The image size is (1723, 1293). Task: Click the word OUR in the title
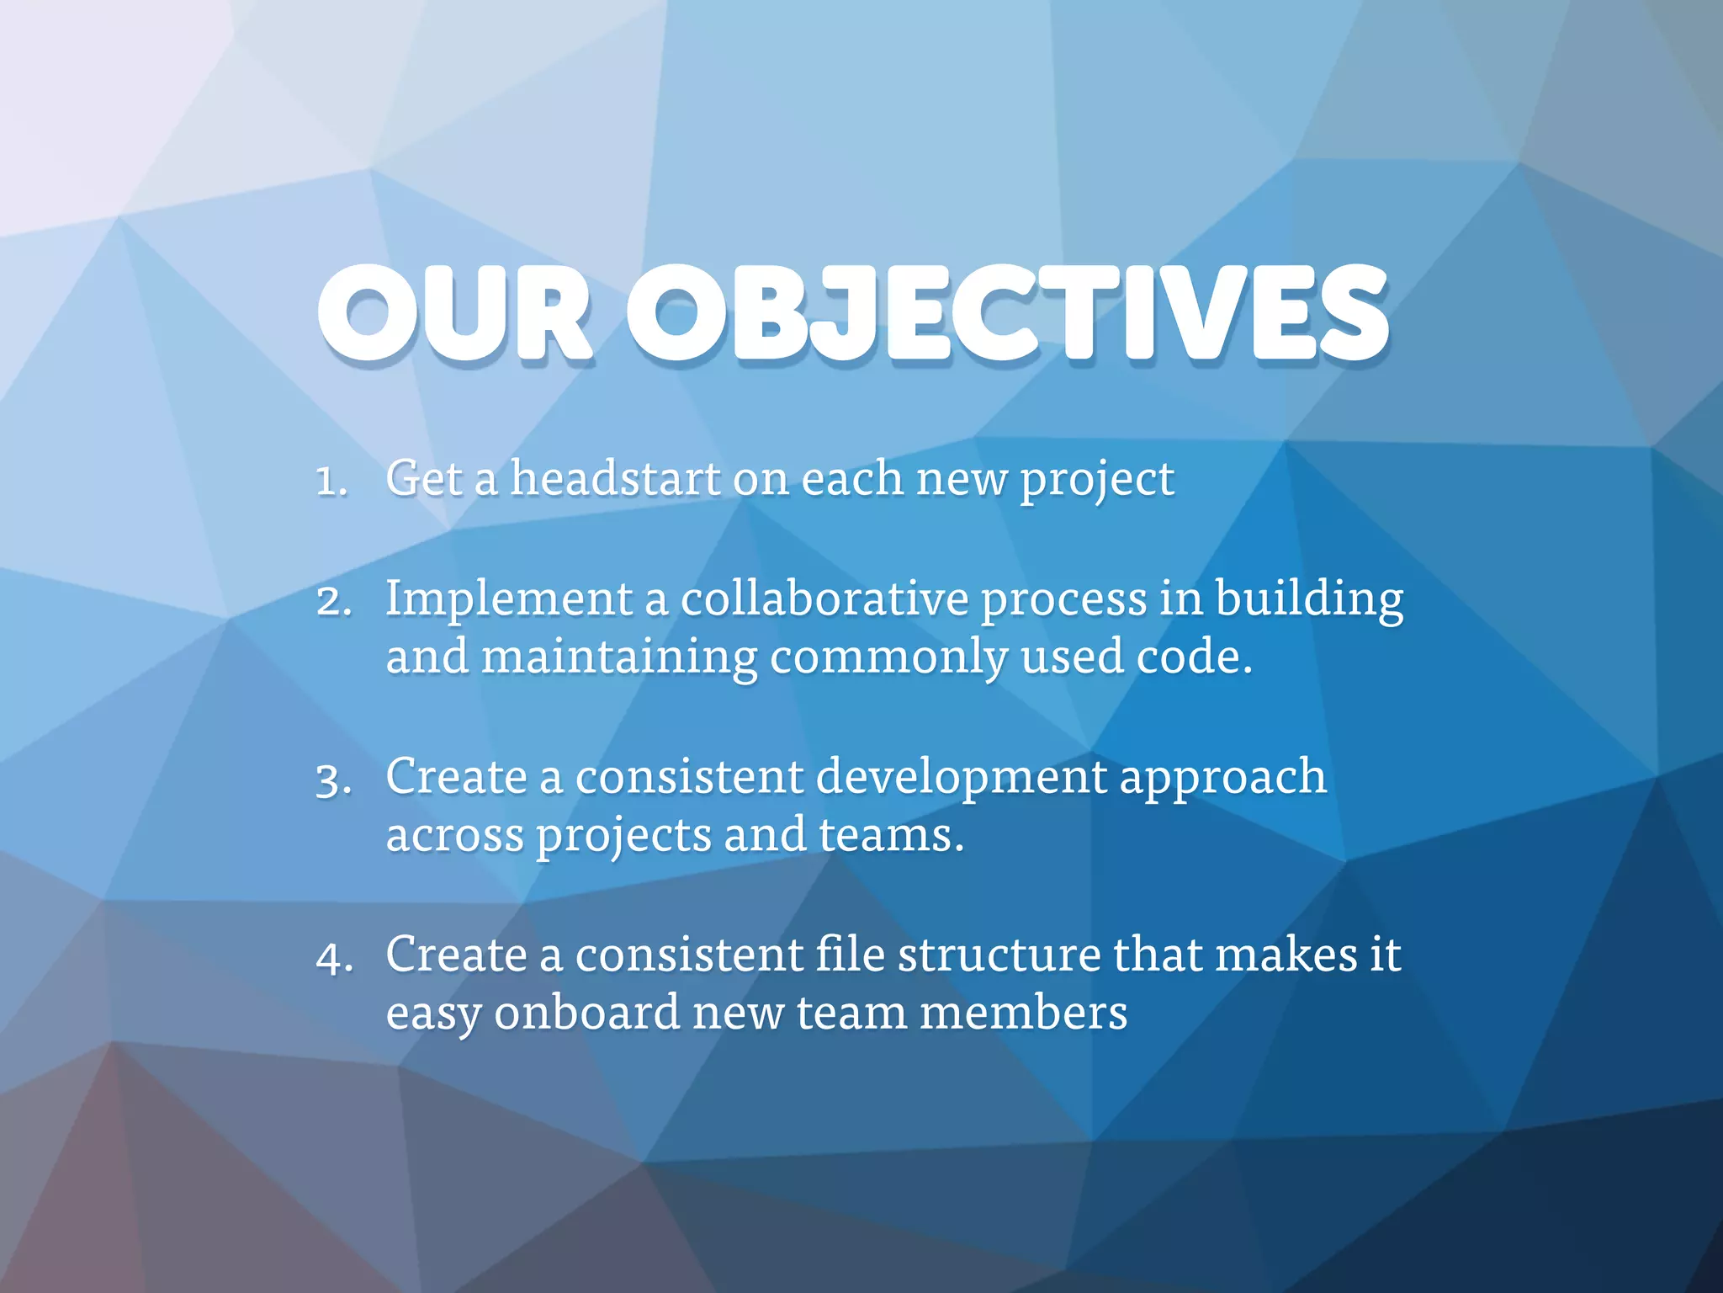pyautogui.click(x=454, y=313)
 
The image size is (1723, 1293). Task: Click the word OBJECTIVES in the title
pyautogui.click(x=1008, y=313)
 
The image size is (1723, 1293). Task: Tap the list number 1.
pyautogui.click(x=330, y=482)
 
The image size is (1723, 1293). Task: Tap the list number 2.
pyautogui.click(x=333, y=602)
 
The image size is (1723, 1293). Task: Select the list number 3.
pyautogui.click(x=333, y=781)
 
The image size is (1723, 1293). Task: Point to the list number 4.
pyautogui.click(x=333, y=959)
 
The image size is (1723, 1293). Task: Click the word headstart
pyautogui.click(x=615, y=478)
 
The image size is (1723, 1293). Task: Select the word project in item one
pyautogui.click(x=1096, y=482)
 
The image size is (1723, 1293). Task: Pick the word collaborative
pyautogui.click(x=824, y=599)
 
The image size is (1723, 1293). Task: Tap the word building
pyautogui.click(x=1309, y=601)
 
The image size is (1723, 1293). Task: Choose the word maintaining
pyautogui.click(x=618, y=658)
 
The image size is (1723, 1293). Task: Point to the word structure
pyautogui.click(x=999, y=955)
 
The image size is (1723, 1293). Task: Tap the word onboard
pyautogui.click(x=586, y=1013)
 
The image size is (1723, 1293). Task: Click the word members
pyautogui.click(x=1023, y=1013)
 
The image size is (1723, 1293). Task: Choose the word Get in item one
pyautogui.click(x=424, y=478)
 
